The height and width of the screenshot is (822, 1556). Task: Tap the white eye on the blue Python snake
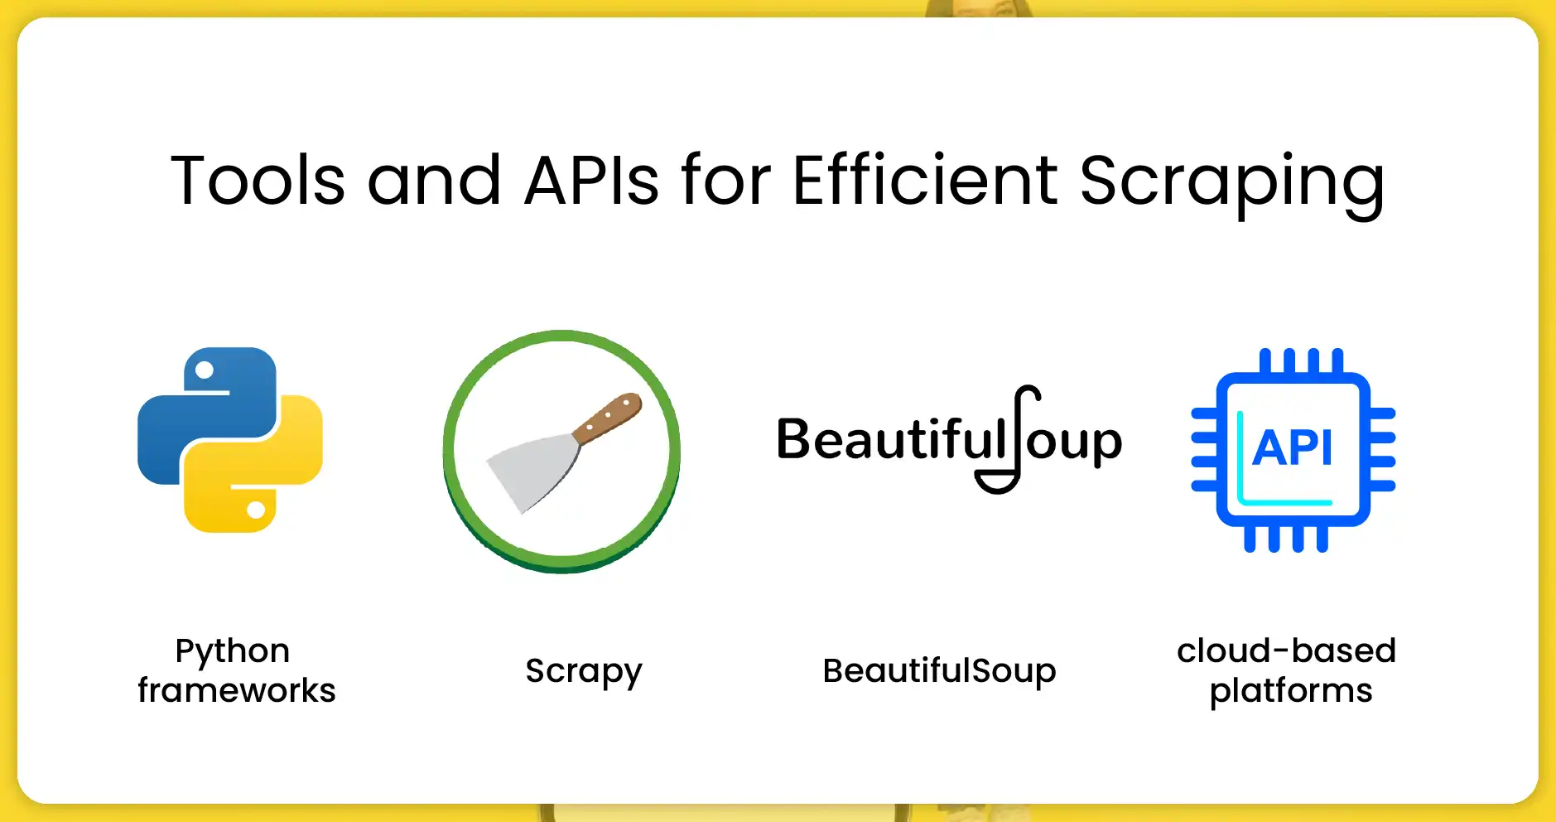pos(205,370)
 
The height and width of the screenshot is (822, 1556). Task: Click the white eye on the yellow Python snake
pos(256,510)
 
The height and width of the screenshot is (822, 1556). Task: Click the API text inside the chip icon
pos(1293,448)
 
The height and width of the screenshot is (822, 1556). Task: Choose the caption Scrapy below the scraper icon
pos(584,671)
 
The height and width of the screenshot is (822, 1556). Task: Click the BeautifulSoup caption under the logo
pos(939,670)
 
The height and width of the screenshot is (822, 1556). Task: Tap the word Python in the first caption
pos(233,651)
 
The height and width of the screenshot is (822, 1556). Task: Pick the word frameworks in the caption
pos(237,690)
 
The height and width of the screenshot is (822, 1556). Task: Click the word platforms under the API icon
pos(1290,691)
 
